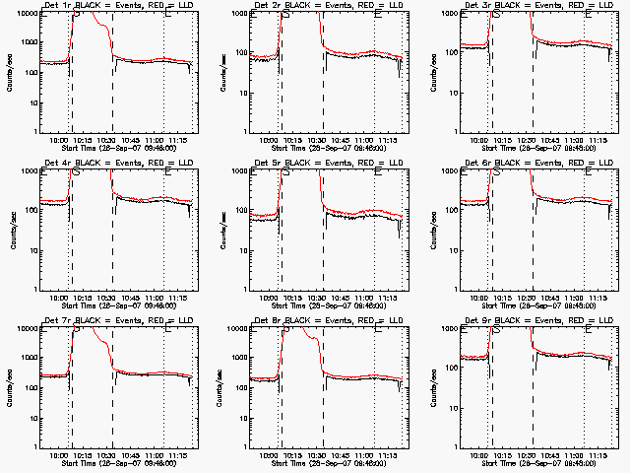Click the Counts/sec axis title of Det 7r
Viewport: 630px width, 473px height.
12,386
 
